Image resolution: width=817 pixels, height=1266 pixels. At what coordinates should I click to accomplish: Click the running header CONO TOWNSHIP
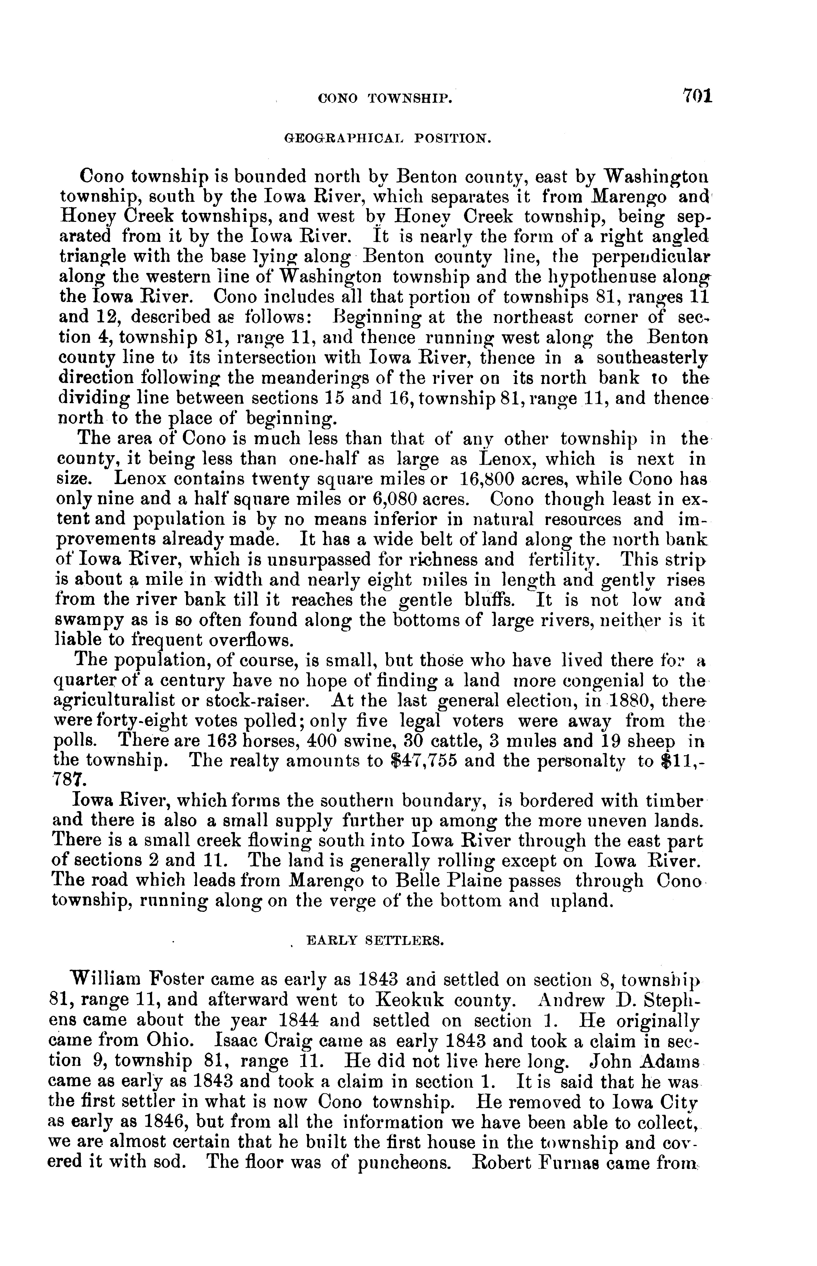pos(385,98)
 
